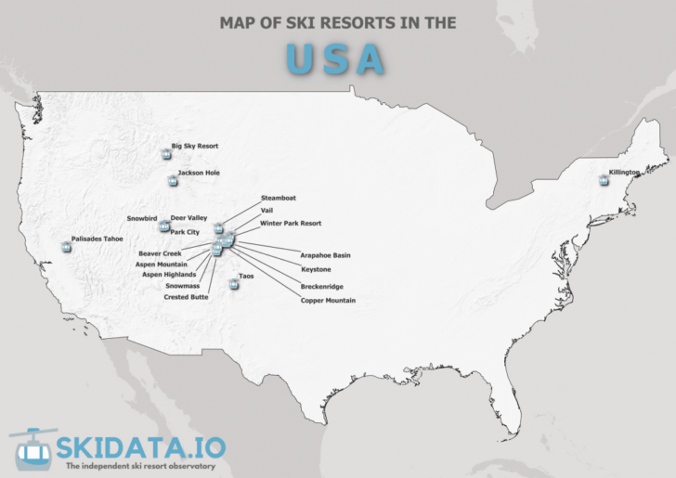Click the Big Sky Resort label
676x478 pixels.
[194, 146]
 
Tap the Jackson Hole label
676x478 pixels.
[199, 173]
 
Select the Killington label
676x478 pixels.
[624, 173]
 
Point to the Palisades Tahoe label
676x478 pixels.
[97, 239]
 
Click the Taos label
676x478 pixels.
[246, 276]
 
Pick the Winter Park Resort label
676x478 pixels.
[291, 224]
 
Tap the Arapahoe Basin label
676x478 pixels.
[325, 254]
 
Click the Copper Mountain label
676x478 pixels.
[328, 301]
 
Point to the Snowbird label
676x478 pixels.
[142, 218]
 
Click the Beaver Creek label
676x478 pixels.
[161, 252]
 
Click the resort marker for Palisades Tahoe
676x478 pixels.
[66, 247]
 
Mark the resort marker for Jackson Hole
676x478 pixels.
[173, 181]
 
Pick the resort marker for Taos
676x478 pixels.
[233, 284]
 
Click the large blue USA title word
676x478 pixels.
[335, 58]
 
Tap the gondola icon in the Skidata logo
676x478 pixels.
[32, 449]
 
